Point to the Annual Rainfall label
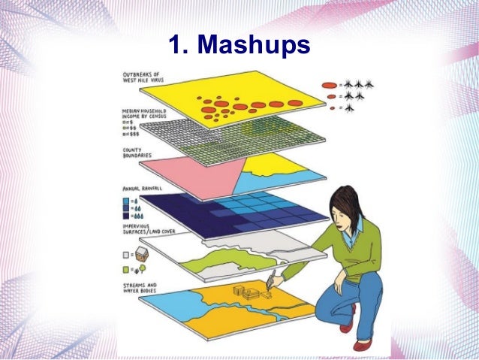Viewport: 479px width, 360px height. click(142, 189)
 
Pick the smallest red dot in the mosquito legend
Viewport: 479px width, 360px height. click(332, 108)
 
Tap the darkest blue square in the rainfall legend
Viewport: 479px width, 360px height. click(125, 216)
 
